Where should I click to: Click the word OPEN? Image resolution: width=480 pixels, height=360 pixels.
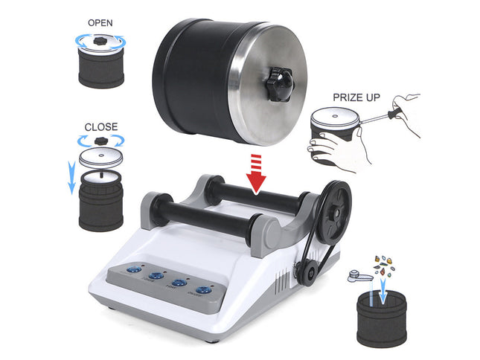[100, 22]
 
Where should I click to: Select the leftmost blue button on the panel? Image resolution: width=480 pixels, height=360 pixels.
[135, 271]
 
